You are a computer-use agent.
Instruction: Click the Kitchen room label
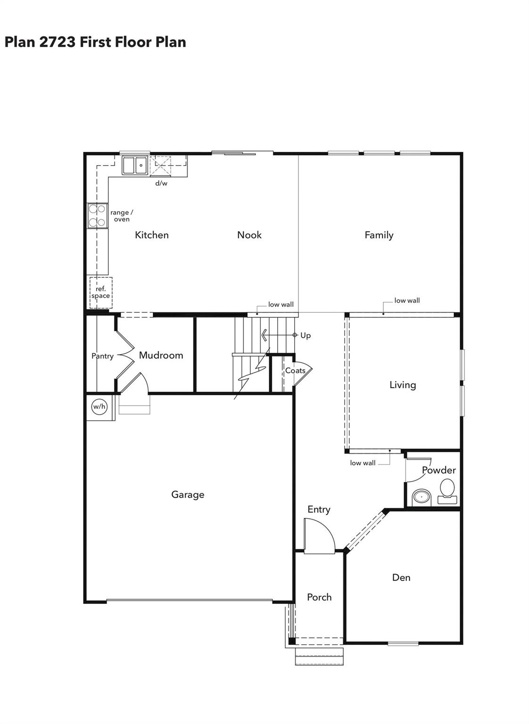(151, 235)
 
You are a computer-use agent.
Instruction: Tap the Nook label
(249, 235)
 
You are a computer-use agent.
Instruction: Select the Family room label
(379, 235)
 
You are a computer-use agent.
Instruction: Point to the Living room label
(402, 385)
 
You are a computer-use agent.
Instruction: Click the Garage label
(188, 494)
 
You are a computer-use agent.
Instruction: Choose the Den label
(401, 577)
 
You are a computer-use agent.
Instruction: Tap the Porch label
(319, 597)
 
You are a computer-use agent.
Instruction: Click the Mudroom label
(161, 355)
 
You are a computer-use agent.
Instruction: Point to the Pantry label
(102, 356)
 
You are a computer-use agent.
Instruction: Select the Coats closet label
(295, 371)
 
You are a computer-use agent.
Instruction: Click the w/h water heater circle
(99, 407)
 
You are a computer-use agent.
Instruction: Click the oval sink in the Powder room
(422, 497)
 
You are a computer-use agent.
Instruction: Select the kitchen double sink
(134, 166)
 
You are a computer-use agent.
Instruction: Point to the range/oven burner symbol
(97, 216)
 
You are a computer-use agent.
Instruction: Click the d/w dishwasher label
(161, 183)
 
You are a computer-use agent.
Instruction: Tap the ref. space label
(100, 292)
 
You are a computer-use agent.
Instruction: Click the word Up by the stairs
(306, 335)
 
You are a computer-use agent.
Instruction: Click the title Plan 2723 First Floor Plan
(95, 42)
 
